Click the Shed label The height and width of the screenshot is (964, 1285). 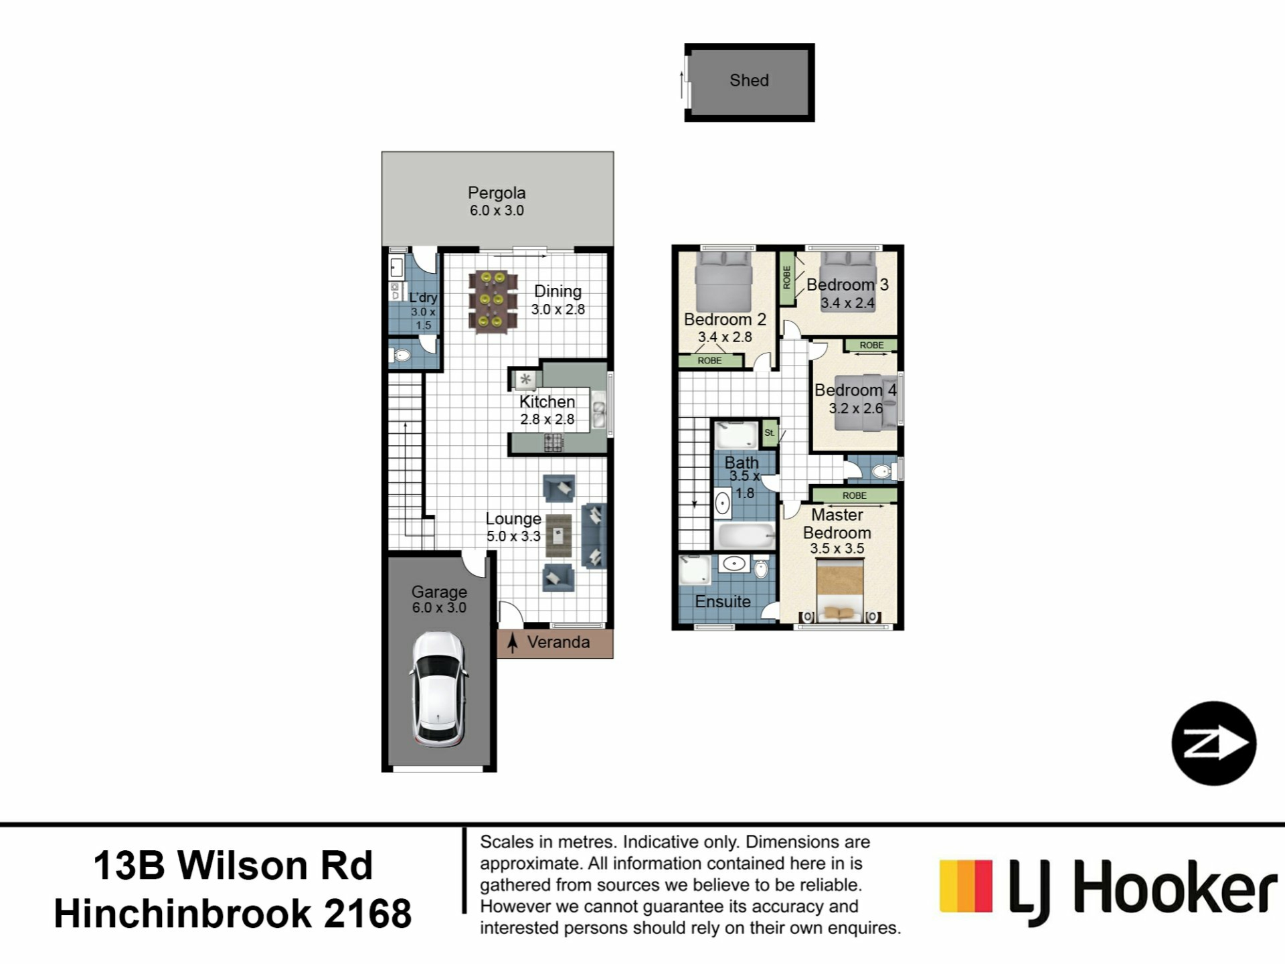point(749,80)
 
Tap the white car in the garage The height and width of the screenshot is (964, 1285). point(438,690)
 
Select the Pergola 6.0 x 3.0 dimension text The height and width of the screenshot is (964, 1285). point(497,210)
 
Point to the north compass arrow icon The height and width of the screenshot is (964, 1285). point(1214,743)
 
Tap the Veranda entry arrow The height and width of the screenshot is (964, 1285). point(513,643)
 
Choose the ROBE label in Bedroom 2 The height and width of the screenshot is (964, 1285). point(710,361)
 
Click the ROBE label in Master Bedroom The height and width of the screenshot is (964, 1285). point(855,495)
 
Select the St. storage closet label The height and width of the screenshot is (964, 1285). point(770,432)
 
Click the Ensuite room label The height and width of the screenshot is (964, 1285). point(723,601)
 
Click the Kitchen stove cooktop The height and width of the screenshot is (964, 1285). point(553,442)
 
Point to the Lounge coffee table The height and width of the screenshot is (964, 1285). point(558,536)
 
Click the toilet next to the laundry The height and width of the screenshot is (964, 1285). point(402,355)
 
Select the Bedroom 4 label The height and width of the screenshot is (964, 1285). point(855,390)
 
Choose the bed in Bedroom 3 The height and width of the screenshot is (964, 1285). point(848,271)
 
